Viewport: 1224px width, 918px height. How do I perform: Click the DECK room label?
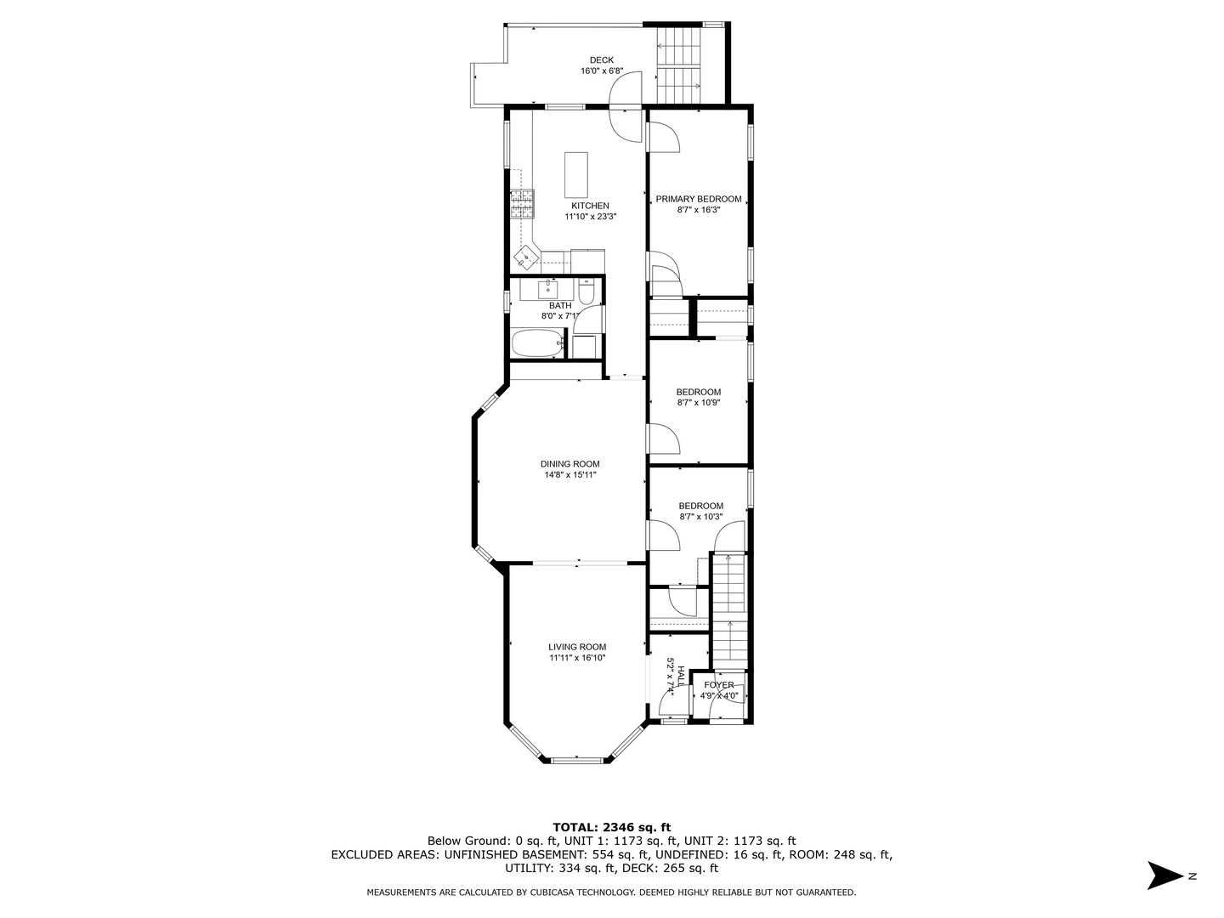(601, 60)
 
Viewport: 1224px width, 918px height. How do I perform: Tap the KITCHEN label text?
(590, 206)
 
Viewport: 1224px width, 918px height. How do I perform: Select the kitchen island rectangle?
(576, 174)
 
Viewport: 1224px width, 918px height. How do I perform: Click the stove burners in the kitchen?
(132, 203)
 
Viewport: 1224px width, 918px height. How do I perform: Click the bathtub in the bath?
(538, 344)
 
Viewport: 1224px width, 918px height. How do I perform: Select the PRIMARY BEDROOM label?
(698, 199)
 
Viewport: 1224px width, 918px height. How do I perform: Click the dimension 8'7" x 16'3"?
(699, 210)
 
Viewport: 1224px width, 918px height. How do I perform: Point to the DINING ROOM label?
(569, 464)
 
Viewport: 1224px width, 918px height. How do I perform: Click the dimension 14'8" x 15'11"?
(570, 475)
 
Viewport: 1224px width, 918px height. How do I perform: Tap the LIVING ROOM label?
(577, 647)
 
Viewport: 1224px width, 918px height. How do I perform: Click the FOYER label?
(719, 685)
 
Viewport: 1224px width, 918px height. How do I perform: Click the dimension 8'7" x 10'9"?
(699, 402)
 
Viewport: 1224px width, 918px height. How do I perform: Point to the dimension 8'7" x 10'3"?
(701, 517)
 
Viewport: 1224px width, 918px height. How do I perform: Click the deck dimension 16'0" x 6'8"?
(602, 71)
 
